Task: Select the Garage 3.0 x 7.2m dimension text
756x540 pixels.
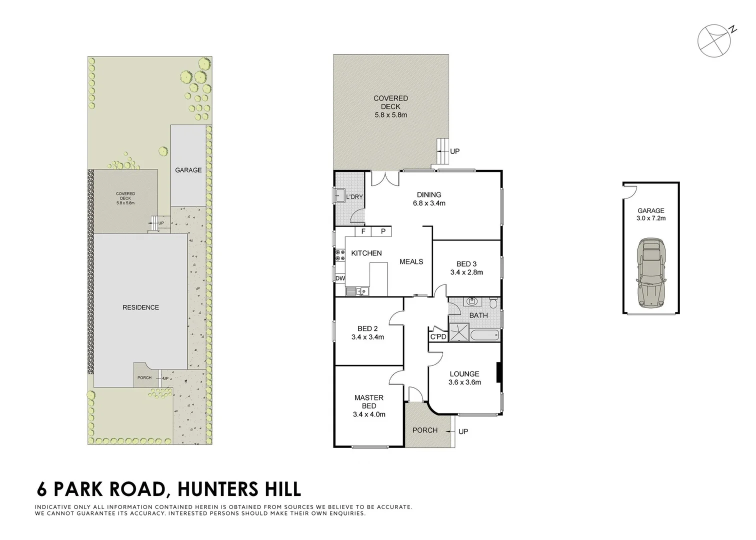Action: click(x=650, y=218)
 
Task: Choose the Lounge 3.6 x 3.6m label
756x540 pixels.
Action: click(x=464, y=378)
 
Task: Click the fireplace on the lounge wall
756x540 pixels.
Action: click(x=498, y=372)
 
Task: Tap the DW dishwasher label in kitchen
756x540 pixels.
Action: click(x=340, y=278)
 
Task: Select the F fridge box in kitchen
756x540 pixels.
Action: click(x=363, y=231)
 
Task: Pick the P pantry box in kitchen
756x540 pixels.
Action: click(x=383, y=231)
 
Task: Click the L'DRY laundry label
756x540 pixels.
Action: click(x=354, y=197)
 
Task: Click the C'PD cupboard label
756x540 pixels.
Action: click(x=438, y=336)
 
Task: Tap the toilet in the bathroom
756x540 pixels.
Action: click(x=492, y=302)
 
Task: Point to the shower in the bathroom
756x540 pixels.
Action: click(x=458, y=332)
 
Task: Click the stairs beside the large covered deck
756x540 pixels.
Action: click(x=442, y=151)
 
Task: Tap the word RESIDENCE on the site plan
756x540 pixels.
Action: click(x=140, y=307)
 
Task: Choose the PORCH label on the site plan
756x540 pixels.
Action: click(x=144, y=378)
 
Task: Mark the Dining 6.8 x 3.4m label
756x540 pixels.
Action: click(x=429, y=199)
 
